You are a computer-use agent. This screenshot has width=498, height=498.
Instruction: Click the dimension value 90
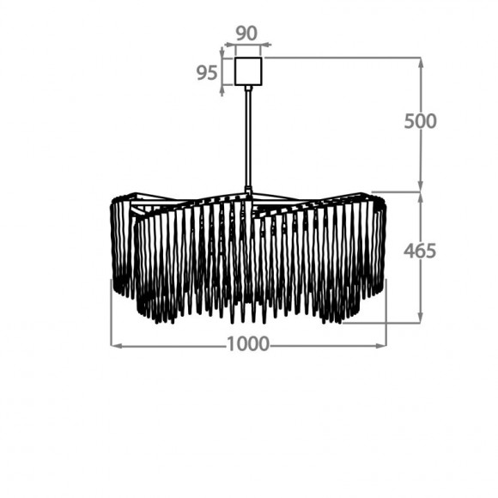coord(246,33)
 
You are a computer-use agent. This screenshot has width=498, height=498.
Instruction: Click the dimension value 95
coord(207,73)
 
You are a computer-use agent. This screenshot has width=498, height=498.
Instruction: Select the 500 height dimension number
coord(420,121)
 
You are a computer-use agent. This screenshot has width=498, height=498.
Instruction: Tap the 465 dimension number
coord(420,251)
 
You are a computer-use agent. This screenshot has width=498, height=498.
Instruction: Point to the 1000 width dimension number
coord(248,344)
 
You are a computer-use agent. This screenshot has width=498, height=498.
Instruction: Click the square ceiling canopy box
coord(248,71)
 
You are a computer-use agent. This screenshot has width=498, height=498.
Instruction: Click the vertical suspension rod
coord(248,138)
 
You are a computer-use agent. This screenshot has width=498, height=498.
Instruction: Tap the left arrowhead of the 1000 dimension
coord(116,345)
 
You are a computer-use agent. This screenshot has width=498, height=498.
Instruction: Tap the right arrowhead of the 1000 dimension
coord(381,345)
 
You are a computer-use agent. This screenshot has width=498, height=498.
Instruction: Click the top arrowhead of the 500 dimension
coord(421,64)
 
